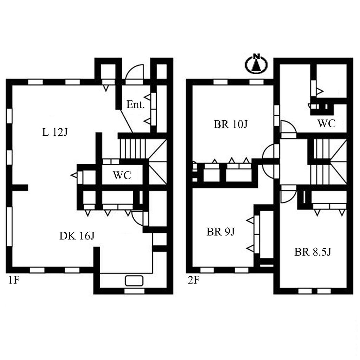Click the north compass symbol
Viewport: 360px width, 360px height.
pos(256,64)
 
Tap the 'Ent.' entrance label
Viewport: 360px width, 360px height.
pos(135,105)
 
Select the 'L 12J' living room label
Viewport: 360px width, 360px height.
pos(55,132)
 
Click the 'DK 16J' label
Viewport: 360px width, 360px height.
pos(77,236)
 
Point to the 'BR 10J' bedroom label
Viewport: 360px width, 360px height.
pos(231,124)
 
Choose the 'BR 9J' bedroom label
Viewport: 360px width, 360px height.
pos(221,232)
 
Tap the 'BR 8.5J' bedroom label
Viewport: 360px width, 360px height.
pos(313,252)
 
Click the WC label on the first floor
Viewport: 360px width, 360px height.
pos(122,175)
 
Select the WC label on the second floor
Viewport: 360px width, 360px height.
pos(327,123)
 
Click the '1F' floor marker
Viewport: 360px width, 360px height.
pos(14,280)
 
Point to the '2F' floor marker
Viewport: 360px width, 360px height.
pos(193,280)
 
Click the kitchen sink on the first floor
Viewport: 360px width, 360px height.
pos(134,281)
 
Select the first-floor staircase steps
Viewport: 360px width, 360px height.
pos(133,148)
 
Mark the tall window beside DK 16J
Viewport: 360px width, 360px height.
pos(9,227)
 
